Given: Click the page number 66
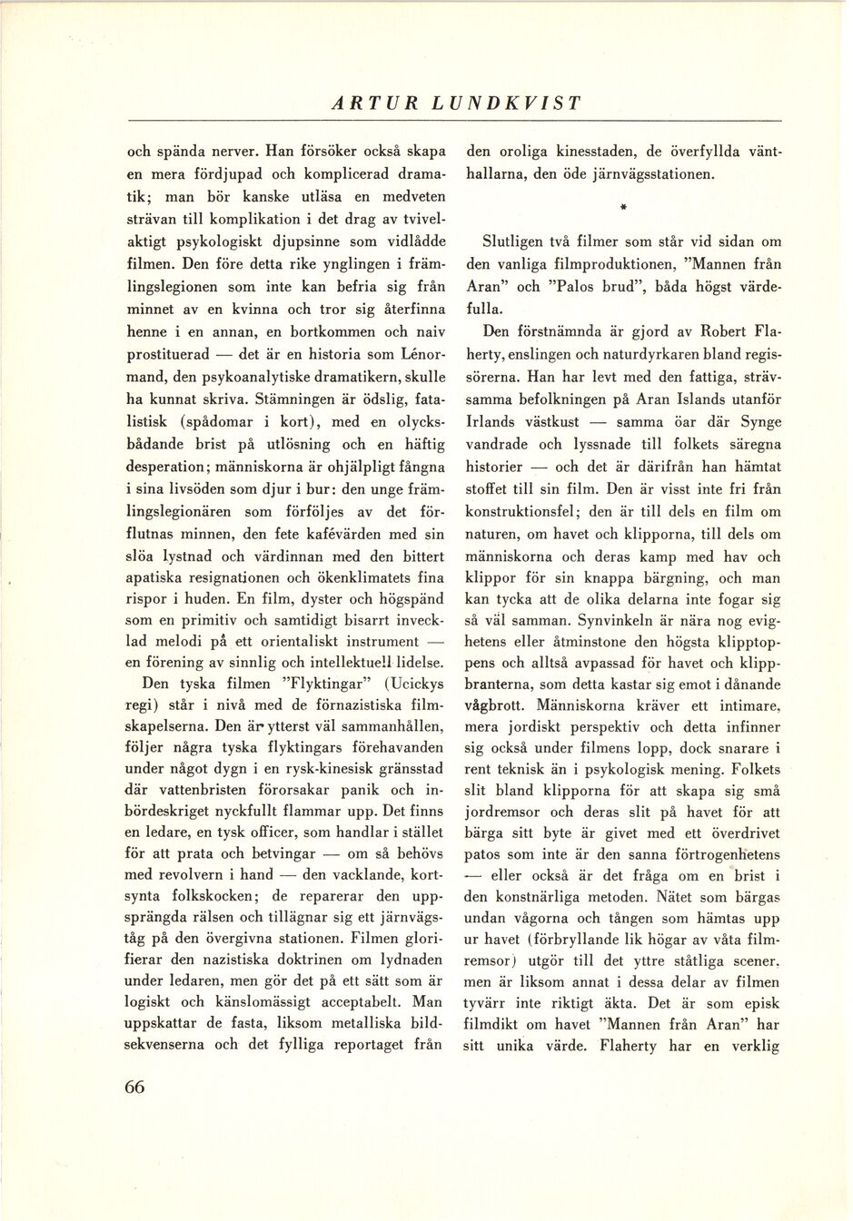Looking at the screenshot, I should point(134,1088).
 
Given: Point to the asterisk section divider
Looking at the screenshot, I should point(624,208).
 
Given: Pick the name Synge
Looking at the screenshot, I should point(759,421).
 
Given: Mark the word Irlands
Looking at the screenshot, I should point(492,421).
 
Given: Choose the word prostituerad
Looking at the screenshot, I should point(168,354).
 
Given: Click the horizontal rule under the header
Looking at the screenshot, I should point(454,121).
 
